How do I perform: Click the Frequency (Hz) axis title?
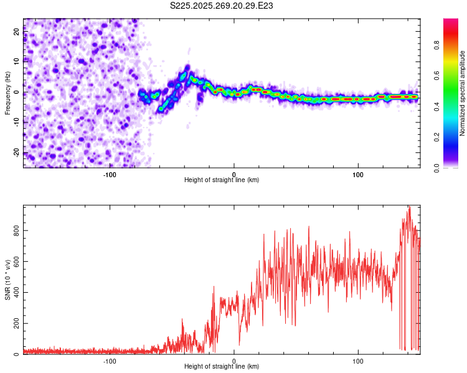point(7,93)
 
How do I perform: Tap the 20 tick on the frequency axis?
point(17,32)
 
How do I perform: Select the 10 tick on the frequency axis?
point(17,62)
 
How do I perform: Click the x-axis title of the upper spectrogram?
point(222,180)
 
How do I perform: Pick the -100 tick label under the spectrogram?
point(110,174)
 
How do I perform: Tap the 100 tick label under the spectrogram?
point(358,174)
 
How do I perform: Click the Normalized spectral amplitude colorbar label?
point(463,93)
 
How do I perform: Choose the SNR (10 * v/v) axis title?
point(7,280)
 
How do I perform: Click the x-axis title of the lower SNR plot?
point(222,366)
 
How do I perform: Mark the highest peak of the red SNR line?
point(409,207)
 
